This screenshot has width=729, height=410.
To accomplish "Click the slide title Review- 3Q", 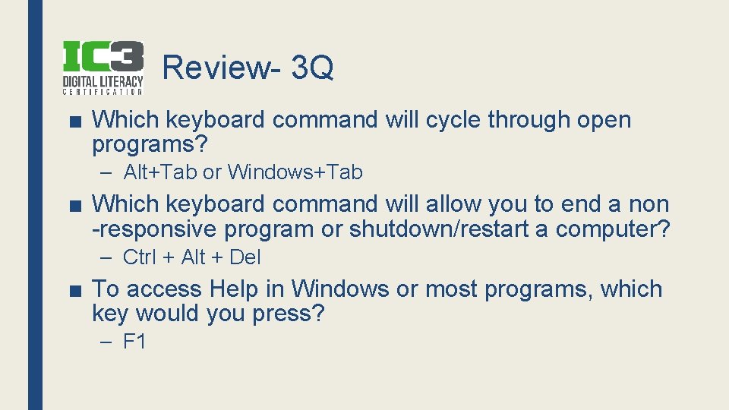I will [248, 68].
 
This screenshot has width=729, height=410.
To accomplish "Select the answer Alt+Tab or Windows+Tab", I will [243, 172].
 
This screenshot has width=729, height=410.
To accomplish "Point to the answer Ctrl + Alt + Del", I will [191, 257].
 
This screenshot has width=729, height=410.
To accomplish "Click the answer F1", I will [134, 342].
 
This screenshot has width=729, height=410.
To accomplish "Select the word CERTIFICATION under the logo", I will [103, 92].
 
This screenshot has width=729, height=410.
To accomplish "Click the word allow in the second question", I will [452, 204].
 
